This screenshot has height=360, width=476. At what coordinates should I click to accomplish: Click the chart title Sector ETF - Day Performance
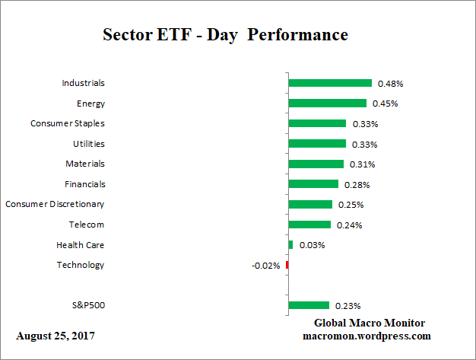225,35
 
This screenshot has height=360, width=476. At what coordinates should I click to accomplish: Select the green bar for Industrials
330,83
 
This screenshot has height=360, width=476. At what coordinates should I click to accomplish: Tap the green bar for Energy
327,103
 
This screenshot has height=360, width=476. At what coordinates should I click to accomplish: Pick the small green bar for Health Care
290,244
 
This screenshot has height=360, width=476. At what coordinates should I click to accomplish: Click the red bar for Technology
287,265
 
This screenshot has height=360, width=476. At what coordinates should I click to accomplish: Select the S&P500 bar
309,305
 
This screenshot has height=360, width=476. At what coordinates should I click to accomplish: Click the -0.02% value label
266,266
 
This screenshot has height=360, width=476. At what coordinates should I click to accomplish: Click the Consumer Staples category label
68,123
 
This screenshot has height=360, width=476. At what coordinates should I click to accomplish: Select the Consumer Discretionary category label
55,204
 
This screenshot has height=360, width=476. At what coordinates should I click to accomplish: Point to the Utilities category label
89,144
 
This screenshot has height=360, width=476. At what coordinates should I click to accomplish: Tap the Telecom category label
87,225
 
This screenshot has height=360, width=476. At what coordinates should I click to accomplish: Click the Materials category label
85,164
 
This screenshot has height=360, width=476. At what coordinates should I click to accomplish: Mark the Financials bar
313,183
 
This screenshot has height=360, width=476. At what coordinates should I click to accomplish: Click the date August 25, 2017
56,336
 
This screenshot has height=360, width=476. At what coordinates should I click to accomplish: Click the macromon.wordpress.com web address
367,336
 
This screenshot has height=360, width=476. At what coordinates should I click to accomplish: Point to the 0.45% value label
384,104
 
